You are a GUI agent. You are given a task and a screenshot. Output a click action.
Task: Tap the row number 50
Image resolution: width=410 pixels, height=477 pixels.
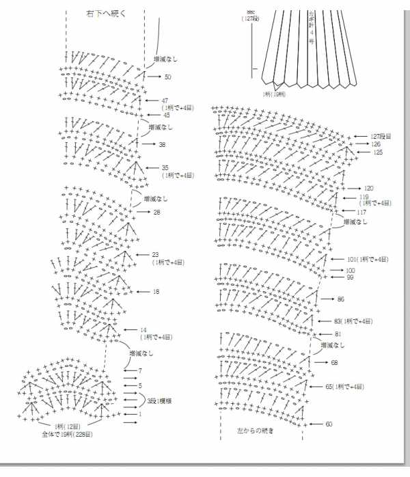tap(167, 77)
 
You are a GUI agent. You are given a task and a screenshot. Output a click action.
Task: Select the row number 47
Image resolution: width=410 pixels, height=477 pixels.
tap(165, 100)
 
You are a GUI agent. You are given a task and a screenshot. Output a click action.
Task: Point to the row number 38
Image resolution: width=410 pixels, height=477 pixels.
tap(162, 144)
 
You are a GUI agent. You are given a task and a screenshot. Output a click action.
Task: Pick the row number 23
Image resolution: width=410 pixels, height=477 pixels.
tap(156, 255)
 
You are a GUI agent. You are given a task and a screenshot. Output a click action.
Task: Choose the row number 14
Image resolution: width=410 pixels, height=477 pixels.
tap(143, 329)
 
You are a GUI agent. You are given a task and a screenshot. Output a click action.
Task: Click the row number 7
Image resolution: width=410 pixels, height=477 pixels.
tap(139, 370)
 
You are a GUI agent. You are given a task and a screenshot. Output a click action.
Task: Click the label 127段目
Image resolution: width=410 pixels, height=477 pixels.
tap(381, 137)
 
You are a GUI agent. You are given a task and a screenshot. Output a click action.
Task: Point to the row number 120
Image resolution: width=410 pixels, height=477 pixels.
tap(369, 188)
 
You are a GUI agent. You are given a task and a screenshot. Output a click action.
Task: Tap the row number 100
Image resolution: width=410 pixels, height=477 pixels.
tap(351, 271)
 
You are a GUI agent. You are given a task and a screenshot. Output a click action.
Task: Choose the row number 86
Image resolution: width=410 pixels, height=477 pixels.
tap(341, 299)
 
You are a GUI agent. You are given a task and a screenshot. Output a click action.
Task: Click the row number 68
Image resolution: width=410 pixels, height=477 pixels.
tap(335, 362)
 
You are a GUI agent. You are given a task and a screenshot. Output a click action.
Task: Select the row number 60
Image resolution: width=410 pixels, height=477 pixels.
tap(329, 424)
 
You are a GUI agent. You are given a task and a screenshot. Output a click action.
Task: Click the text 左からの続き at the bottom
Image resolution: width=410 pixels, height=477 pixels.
tap(255, 431)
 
